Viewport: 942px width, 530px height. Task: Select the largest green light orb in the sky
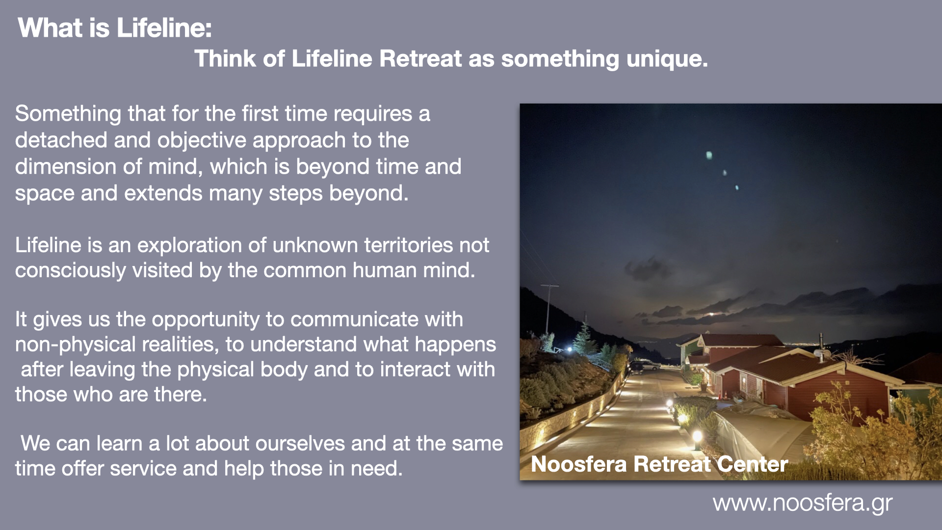point(709,156)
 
